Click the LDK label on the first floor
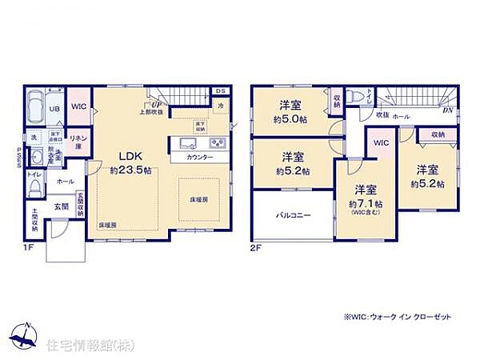point(131,156)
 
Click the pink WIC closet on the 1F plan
point(78,107)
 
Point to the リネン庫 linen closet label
point(78,142)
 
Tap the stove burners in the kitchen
point(216,144)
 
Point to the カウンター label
point(199,158)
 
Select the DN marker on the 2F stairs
point(448,110)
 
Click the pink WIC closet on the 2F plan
point(380,142)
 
